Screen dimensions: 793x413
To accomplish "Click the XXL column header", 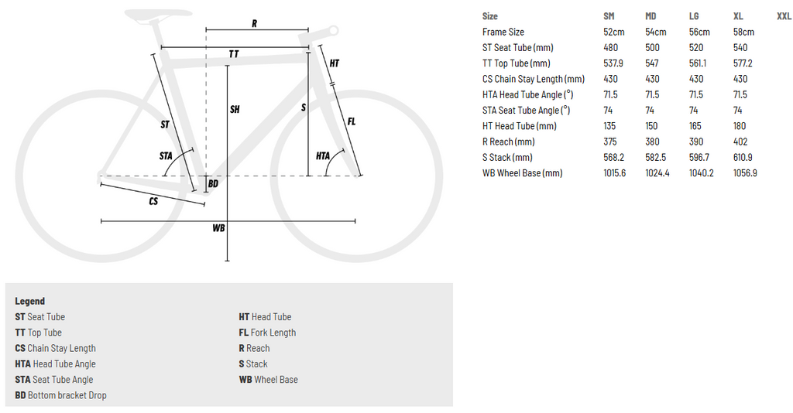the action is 784,16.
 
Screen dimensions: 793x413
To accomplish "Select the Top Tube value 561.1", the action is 698,63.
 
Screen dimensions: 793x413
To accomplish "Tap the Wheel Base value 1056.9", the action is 745,172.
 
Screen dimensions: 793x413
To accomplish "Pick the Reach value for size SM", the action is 611,142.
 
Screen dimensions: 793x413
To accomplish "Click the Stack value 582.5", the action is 655,157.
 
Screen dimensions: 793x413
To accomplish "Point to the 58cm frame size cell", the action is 743,32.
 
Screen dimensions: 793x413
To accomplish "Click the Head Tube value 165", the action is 695,126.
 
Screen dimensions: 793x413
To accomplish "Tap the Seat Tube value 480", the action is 610,47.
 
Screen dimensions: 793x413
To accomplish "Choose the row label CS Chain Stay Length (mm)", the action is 533,79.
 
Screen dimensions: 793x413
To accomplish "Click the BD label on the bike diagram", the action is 214,184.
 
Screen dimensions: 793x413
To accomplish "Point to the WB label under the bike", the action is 218,228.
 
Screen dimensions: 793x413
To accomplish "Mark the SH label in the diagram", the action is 235,109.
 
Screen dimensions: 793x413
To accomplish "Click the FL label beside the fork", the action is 351,121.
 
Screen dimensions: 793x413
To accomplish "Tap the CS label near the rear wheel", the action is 153,201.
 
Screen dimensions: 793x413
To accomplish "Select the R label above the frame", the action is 254,24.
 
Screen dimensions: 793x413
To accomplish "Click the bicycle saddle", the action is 157,15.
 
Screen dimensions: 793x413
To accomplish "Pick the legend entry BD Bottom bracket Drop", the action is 60,394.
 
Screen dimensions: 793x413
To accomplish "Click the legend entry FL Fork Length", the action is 267,333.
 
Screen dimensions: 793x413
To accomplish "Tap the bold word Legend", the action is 30,301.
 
